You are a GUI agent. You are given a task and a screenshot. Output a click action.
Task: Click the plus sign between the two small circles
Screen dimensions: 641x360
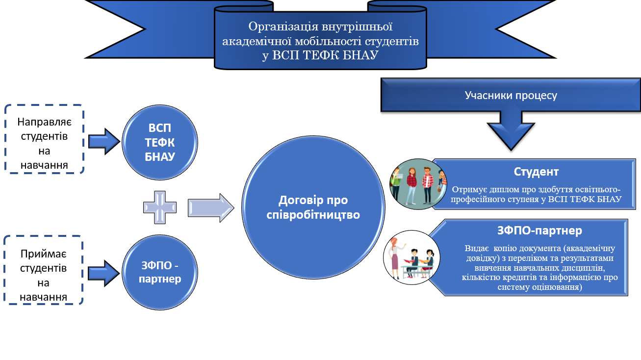160,207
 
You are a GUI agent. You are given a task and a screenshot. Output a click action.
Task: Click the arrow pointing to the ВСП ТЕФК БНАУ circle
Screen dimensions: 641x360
104,142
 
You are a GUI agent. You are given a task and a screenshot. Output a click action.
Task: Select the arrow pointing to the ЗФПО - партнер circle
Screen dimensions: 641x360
103,274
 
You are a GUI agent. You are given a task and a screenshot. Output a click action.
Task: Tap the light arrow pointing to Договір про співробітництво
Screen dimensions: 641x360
211,208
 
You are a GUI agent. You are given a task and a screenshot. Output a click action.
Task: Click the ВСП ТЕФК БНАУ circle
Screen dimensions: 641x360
160,143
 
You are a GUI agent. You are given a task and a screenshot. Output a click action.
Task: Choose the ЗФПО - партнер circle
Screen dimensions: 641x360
160,272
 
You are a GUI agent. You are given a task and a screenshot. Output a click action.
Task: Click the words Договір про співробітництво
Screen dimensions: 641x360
313,207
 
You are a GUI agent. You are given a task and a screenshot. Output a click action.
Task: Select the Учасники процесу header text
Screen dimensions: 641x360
511,95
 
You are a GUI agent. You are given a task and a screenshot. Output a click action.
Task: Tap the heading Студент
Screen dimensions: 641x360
536,172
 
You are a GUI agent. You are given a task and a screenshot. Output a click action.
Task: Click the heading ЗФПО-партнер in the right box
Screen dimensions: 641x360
539,231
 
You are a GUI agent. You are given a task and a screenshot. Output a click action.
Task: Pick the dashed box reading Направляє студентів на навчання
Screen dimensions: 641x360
44,139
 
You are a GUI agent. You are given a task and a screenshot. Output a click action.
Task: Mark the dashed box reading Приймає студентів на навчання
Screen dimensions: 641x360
44,270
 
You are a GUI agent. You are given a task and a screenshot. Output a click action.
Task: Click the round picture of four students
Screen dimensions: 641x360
418,184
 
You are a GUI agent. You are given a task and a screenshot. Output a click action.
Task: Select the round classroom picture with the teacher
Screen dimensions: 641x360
411,257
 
